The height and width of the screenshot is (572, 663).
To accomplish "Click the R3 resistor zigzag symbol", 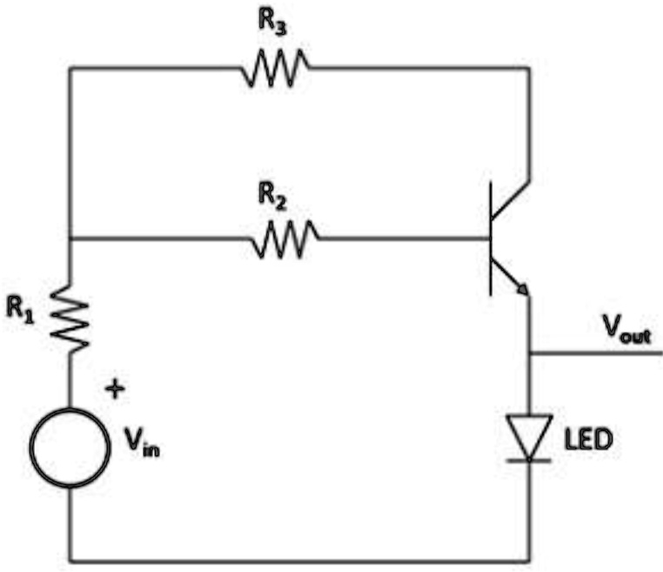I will coord(274,68).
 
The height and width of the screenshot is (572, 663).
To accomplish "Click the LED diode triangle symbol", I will coord(529,434).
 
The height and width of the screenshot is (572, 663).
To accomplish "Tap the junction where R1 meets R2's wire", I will coord(70,238).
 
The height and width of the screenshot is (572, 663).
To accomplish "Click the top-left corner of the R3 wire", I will coord(70,68).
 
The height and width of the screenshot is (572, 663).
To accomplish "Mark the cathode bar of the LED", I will coord(529,458).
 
